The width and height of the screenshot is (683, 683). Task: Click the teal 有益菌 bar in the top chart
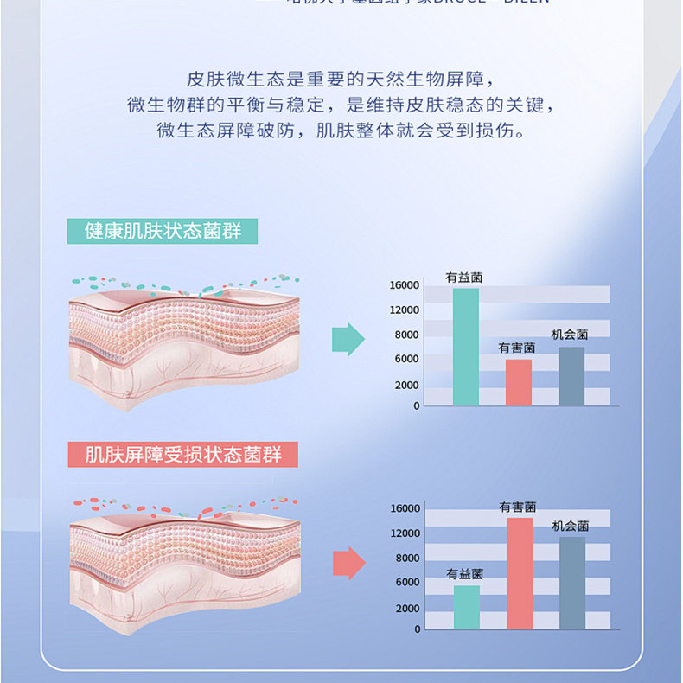(465, 347)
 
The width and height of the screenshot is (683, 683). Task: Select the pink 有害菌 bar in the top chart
(519, 382)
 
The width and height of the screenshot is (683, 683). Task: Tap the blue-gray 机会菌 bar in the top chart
(571, 376)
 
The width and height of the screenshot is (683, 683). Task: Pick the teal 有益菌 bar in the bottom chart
(467, 607)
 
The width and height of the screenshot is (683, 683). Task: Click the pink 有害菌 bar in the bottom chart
(520, 573)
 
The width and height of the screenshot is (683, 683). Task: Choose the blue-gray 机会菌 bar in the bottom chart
(571, 583)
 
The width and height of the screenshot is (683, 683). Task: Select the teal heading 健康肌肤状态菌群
(162, 231)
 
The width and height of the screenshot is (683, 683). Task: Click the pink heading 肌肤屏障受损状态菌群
(182, 455)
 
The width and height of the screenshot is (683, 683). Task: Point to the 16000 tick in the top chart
(404, 285)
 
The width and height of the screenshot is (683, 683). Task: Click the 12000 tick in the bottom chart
(404, 533)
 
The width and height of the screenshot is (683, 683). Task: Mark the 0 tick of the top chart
(416, 405)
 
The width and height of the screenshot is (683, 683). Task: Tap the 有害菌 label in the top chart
(517, 348)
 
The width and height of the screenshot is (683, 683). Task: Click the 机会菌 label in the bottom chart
(571, 526)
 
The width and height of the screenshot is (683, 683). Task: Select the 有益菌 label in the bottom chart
(465, 574)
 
